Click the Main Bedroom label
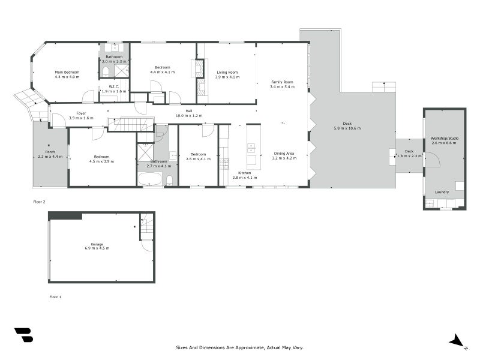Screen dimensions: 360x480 tap(67, 72)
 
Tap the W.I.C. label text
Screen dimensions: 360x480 tap(114, 86)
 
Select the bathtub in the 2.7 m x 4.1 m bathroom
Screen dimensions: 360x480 tap(149, 179)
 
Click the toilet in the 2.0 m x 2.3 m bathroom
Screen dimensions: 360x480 tap(106, 72)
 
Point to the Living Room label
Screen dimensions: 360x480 tap(227, 73)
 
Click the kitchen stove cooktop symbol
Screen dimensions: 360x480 tap(224, 163)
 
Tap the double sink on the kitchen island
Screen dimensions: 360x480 tap(252, 148)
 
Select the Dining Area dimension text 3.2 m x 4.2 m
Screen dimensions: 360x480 tap(284, 158)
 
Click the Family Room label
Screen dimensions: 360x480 tap(281, 82)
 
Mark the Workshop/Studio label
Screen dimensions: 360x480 tap(445, 139)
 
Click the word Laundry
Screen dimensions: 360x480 tap(442, 192)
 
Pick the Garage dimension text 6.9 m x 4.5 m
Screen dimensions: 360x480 tap(97, 248)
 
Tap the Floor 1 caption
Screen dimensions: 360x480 tap(55, 296)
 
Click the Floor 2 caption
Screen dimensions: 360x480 tap(39, 202)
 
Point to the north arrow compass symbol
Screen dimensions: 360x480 tap(458, 341)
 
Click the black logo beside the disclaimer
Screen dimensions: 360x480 tap(23, 335)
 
